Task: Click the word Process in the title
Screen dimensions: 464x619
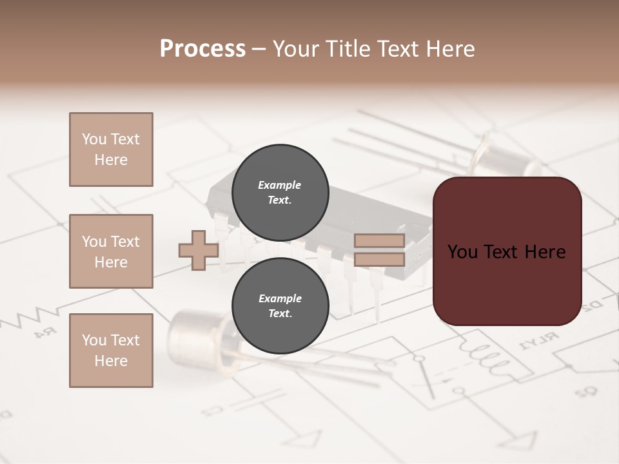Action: point(202,49)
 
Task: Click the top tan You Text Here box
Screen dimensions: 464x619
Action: point(111,150)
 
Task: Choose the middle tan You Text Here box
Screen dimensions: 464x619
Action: point(111,251)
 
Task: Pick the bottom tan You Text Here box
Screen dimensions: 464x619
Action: point(111,351)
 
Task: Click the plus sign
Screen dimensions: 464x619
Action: point(199,251)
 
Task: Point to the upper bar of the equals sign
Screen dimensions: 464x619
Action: point(379,241)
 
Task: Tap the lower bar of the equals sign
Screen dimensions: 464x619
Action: point(379,259)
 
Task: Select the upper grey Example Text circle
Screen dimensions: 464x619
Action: point(279,192)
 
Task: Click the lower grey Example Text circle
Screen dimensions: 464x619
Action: point(279,305)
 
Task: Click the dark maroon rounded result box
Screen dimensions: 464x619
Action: point(507,251)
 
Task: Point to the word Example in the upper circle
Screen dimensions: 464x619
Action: point(279,185)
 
